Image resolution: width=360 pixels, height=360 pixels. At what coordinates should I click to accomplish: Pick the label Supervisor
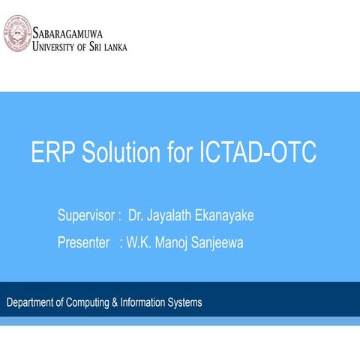(x=85, y=217)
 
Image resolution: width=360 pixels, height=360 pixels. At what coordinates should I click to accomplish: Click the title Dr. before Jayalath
(x=136, y=217)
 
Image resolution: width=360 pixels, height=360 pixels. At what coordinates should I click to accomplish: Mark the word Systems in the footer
(x=184, y=303)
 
